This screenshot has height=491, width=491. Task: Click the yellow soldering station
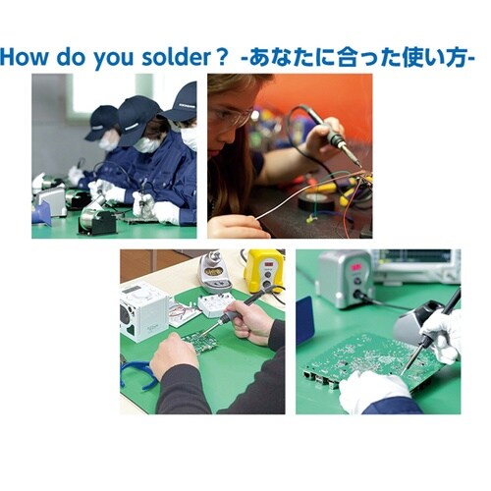pyautogui.click(x=264, y=271)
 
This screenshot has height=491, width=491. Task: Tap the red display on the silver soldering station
pyautogui.click(x=356, y=267)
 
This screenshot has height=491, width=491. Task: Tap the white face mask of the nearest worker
pyautogui.click(x=190, y=137)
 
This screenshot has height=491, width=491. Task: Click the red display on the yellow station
pyautogui.click(x=269, y=264)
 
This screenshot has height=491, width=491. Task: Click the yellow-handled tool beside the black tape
pyautogui.click(x=327, y=189)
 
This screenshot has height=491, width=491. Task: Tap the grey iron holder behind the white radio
pyautogui.click(x=214, y=271)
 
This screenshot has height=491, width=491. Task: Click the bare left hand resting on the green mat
pyautogui.click(x=174, y=355)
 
